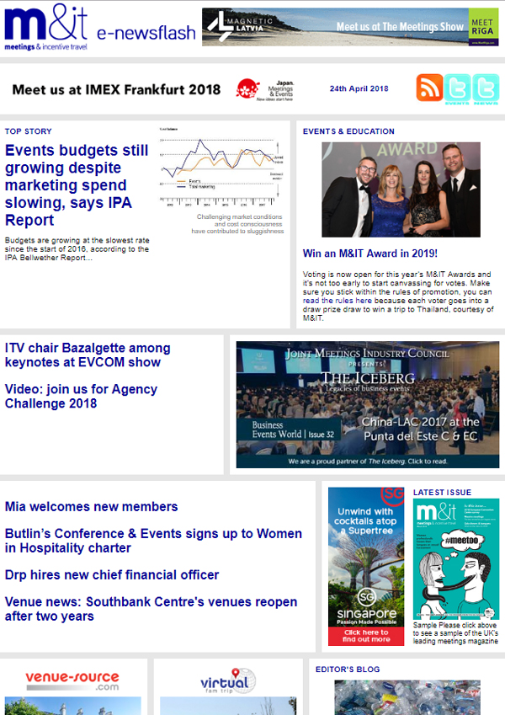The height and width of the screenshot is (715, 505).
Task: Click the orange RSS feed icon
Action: tap(430, 88)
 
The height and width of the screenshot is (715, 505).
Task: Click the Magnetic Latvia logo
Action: tap(237, 27)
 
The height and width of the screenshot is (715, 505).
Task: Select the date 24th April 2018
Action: tap(359, 88)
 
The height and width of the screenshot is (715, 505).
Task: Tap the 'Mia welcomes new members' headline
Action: tap(91, 506)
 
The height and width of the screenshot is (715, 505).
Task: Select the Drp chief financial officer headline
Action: tap(111, 574)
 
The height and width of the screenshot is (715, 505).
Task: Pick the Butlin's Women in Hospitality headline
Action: tap(152, 541)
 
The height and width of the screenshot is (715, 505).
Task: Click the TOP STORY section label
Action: tap(28, 131)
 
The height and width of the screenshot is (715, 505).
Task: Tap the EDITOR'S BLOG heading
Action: tap(347, 670)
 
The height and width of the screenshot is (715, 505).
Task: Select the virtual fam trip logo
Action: tap(228, 680)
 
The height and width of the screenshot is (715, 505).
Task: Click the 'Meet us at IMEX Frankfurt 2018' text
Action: tap(116, 89)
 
